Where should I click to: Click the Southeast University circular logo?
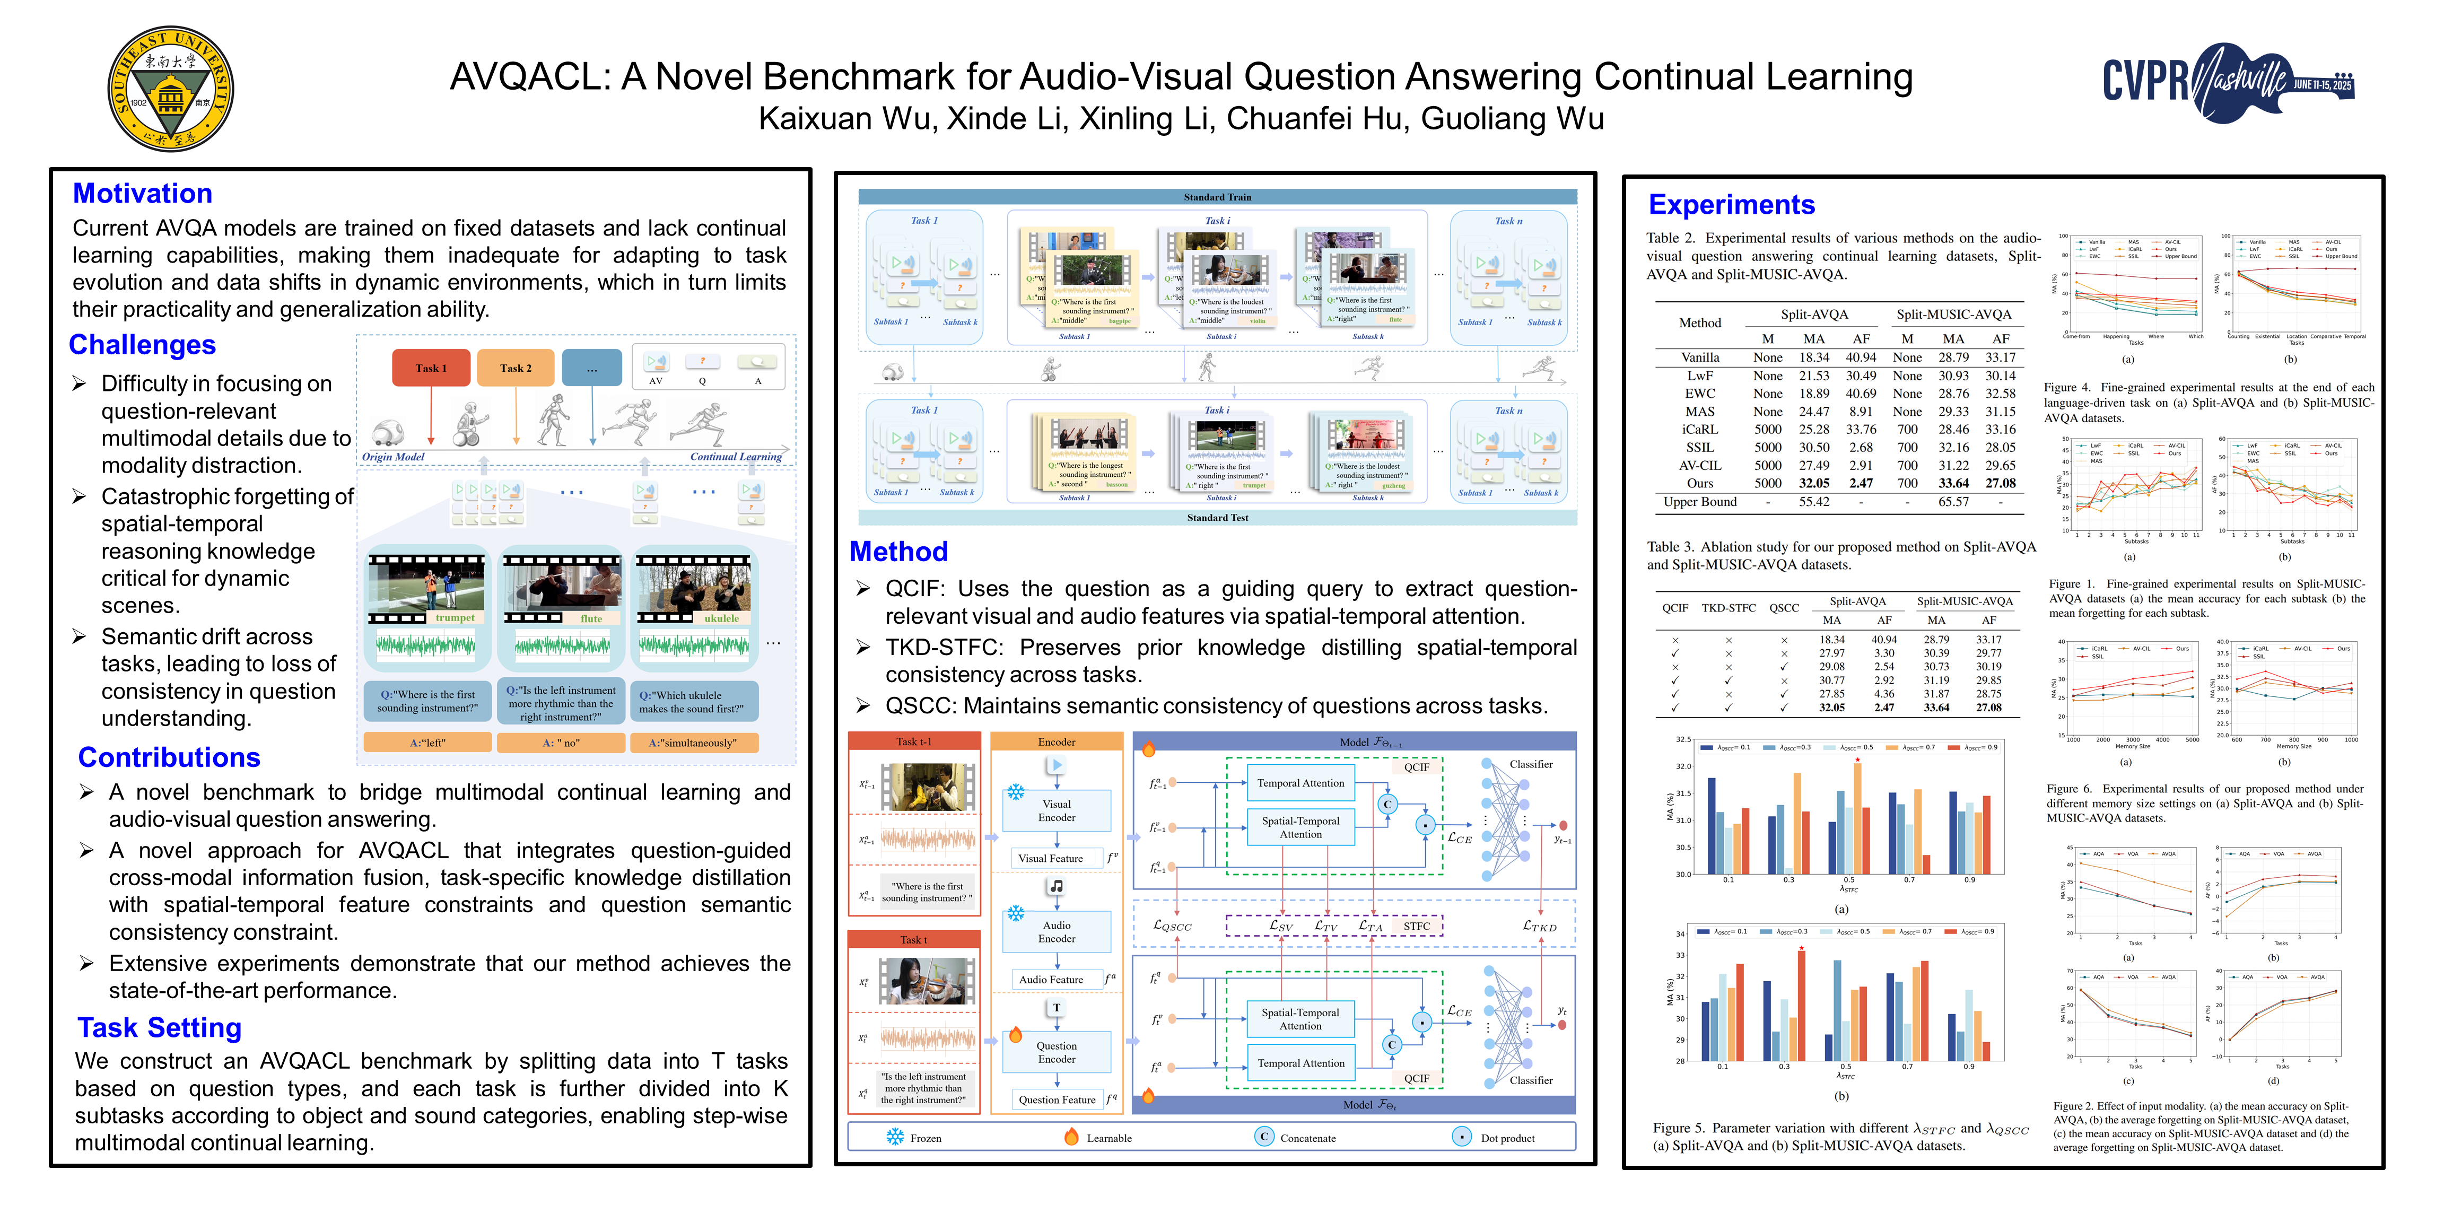pyautogui.click(x=171, y=88)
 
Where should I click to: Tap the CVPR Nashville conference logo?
pyautogui.click(x=2227, y=83)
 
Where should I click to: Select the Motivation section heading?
pyautogui.click(x=142, y=194)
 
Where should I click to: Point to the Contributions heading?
pyautogui.click(x=169, y=757)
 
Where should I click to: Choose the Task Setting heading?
pyautogui.click(x=160, y=1027)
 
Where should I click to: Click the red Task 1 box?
pyautogui.click(x=431, y=368)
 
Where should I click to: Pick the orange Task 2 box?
pyautogui.click(x=515, y=368)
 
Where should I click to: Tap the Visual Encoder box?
pyautogui.click(x=1056, y=810)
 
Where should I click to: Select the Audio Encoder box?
pyautogui.click(x=1056, y=932)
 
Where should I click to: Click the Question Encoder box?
pyautogui.click(x=1056, y=1052)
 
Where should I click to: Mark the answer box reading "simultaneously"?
pyautogui.click(x=692, y=743)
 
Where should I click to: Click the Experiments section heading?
pyautogui.click(x=1732, y=205)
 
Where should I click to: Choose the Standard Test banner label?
pyautogui.click(x=1217, y=518)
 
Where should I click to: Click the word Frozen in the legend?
pyautogui.click(x=925, y=1138)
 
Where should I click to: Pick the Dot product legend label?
pyautogui.click(x=1507, y=1138)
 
